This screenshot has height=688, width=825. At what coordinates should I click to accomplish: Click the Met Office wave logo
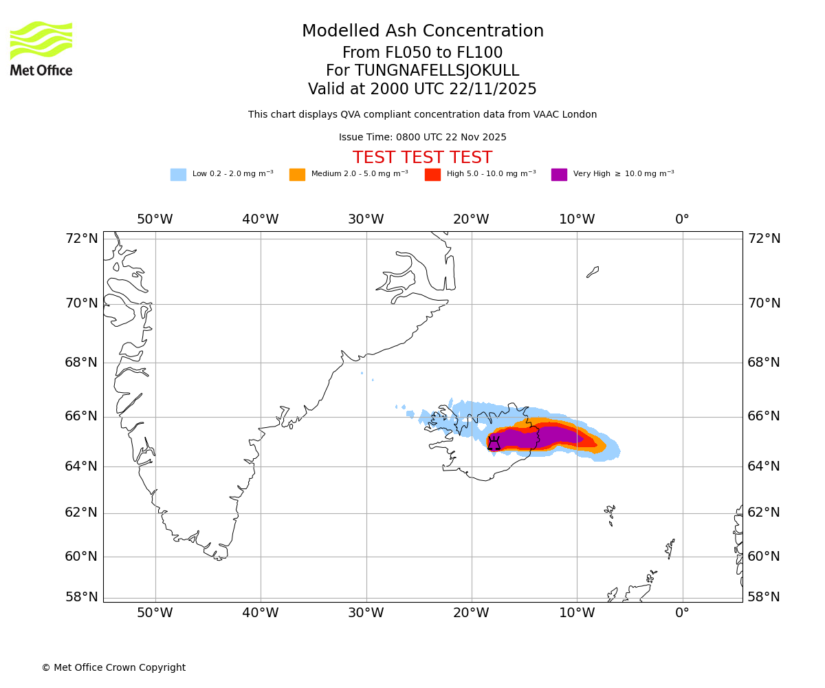click(x=41, y=41)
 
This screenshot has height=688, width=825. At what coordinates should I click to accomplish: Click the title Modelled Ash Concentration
click(x=423, y=32)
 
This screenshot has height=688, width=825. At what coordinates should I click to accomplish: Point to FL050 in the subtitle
click(x=400, y=53)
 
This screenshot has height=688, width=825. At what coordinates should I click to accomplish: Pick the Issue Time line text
click(x=422, y=138)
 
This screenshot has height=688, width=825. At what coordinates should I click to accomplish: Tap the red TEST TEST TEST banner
click(x=422, y=158)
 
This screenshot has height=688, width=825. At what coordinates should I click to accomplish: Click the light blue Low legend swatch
click(x=178, y=175)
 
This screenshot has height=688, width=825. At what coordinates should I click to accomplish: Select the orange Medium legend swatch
click(x=297, y=175)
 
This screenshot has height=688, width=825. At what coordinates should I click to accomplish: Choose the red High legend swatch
click(x=432, y=175)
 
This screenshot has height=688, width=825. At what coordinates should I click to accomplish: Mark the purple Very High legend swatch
click(x=559, y=175)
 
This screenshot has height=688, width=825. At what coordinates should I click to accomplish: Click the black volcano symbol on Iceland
click(x=494, y=444)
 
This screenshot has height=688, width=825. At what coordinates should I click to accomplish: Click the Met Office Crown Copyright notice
click(x=113, y=668)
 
